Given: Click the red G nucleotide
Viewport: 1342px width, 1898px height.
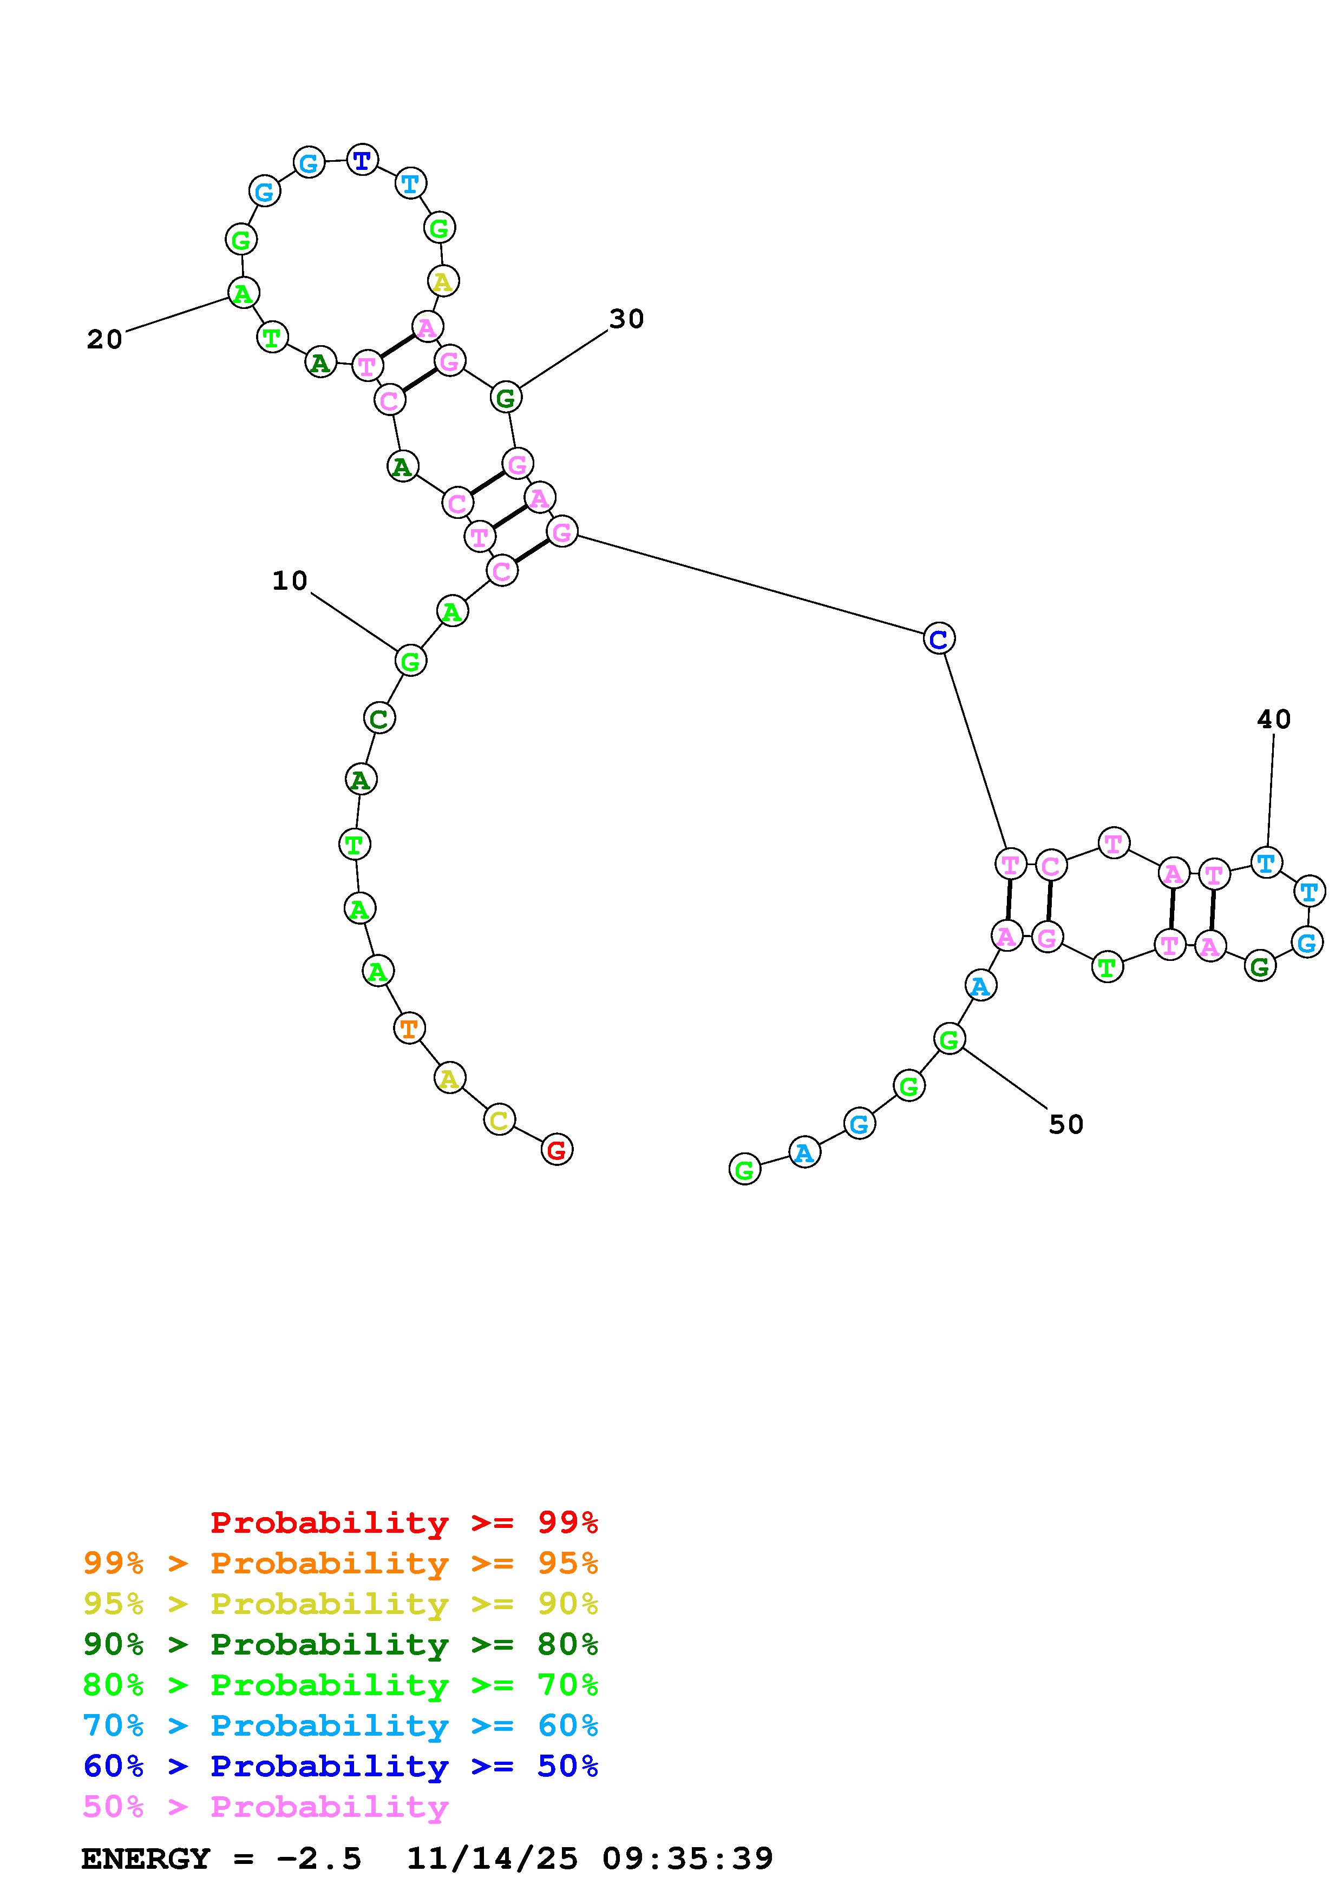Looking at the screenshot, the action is [557, 1149].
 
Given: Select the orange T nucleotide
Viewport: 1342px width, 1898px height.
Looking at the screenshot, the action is [409, 1029].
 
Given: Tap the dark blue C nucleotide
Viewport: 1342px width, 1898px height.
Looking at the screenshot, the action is [939, 638].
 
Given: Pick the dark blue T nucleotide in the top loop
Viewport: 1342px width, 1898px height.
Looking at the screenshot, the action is [362, 160].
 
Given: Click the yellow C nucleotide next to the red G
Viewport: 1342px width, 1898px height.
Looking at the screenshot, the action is [499, 1120].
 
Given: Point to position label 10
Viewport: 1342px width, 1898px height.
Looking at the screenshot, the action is [290, 581].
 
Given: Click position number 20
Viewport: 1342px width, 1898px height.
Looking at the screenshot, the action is [104, 339].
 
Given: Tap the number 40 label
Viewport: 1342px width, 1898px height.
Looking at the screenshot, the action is [1273, 719].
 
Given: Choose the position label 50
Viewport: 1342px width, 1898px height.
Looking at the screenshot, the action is [1066, 1124].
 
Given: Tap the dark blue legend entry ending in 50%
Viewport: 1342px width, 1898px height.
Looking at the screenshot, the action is [341, 1766].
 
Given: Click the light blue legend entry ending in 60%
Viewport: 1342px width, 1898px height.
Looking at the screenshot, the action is [341, 1725].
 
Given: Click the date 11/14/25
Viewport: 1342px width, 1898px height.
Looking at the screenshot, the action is [492, 1859].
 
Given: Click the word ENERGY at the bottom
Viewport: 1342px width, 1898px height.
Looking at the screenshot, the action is [146, 1859].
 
